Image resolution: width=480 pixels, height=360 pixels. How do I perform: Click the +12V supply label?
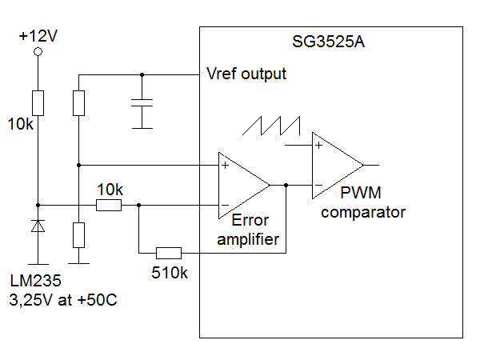point(38,36)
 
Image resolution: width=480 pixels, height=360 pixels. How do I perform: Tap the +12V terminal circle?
point(38,52)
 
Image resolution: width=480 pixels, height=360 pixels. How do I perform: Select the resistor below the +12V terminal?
point(38,103)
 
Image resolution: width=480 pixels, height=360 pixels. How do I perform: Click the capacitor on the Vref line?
point(142,103)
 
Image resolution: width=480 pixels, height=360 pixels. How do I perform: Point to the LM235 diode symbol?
point(38,226)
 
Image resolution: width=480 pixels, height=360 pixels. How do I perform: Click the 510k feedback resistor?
point(169,253)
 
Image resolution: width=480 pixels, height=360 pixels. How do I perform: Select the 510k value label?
point(170,273)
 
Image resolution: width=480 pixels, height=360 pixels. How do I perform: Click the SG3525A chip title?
point(329,42)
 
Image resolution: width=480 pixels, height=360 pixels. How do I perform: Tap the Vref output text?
point(246,74)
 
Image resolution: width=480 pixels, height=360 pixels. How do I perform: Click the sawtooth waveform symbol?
point(271,126)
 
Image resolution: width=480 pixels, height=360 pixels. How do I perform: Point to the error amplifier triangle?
point(244,186)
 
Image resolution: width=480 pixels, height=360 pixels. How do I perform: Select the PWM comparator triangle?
point(338,166)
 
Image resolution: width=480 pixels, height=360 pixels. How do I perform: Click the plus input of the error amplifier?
point(226,166)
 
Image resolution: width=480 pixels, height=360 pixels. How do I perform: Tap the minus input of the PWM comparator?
point(318,186)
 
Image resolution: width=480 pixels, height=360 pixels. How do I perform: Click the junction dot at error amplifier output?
point(286,186)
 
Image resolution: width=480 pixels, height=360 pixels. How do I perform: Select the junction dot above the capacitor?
point(142,74)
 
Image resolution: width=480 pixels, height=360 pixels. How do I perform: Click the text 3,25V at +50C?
point(63,300)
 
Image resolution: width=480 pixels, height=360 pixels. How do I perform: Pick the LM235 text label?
point(35,281)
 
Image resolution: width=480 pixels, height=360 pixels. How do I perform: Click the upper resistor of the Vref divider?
point(78,103)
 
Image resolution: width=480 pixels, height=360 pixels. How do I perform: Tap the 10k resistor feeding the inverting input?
point(109,205)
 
